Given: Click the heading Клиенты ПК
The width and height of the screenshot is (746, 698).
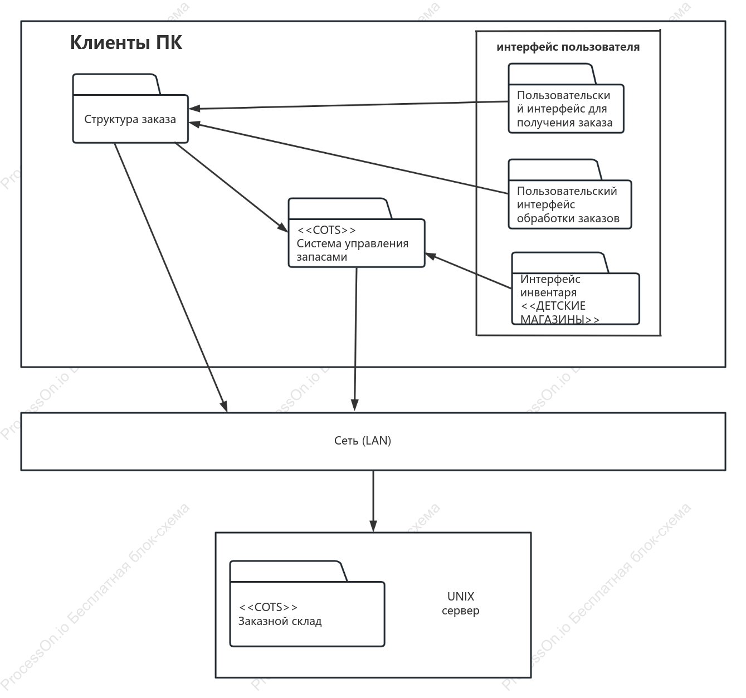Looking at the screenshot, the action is pos(126,42).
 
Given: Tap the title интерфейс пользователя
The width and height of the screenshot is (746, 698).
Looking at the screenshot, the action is pos(568,47).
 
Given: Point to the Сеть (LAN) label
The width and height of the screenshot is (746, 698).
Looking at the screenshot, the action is pos(363,440).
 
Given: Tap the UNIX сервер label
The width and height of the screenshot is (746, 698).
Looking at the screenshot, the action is pos(461,603).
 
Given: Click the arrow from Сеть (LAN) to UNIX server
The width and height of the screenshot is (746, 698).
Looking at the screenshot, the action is pos(373,501).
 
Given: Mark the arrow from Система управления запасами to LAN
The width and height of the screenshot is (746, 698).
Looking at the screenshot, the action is pos(355,339).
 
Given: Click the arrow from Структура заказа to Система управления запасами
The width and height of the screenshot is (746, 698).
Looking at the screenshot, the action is pos(231,187).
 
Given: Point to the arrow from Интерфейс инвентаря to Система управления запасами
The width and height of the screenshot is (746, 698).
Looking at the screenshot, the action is pos(468,271).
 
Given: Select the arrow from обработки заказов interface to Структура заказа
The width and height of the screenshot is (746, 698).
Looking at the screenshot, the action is pos(348,158).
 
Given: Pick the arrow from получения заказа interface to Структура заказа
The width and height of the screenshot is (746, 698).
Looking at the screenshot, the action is pos(348,105).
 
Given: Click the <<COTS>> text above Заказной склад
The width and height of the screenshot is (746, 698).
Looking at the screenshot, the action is pos(268,607).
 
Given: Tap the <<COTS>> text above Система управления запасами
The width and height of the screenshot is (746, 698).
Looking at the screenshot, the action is pos(326,230).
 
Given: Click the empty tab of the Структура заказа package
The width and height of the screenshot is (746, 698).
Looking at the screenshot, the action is pos(116,84).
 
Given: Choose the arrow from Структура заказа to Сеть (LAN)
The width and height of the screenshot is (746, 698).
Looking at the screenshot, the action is pos(171,277).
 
